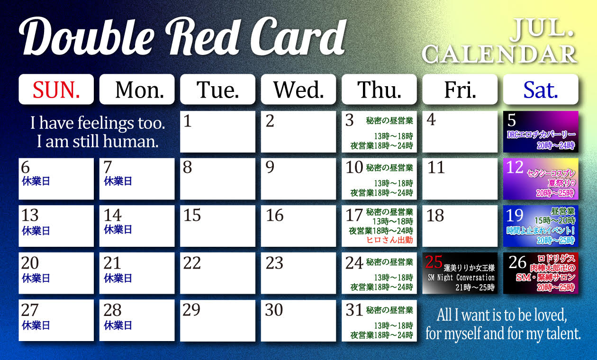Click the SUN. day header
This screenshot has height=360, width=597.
click(56, 89)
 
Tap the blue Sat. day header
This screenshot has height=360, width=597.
click(541, 89)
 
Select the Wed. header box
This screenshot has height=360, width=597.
click(298, 89)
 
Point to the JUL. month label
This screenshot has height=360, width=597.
click(543, 30)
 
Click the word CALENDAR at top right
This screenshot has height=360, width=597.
click(499, 54)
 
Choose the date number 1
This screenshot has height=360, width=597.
click(187, 121)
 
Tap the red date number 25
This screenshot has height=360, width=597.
click(434, 261)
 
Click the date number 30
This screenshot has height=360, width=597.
click(274, 310)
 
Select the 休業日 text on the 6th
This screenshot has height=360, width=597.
click(36, 181)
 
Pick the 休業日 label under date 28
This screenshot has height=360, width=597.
click(118, 325)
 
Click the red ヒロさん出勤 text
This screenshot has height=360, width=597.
click(389, 240)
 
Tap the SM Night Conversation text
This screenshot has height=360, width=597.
click(461, 278)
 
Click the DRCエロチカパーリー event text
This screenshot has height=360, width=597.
click(541, 135)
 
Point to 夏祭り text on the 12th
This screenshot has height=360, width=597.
click(559, 183)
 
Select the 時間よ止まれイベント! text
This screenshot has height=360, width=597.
click(541, 230)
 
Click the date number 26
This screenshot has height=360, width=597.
click(517, 262)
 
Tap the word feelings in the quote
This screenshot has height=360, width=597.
click(106, 123)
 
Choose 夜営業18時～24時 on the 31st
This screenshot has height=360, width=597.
click(382, 335)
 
